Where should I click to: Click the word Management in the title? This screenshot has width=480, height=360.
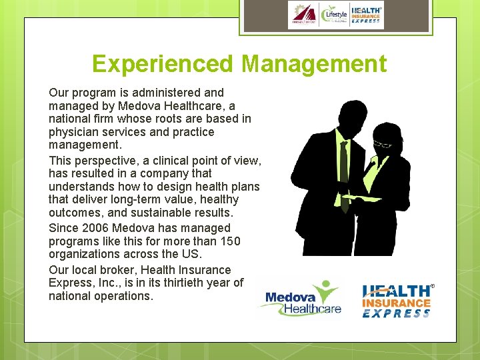314,64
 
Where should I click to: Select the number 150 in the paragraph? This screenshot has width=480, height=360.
249,241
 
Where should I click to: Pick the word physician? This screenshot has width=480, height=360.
73,132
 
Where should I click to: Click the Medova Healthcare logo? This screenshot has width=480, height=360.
303,298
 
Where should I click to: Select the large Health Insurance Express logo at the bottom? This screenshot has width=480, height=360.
397,301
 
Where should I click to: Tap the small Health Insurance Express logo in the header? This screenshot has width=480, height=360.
366,15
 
